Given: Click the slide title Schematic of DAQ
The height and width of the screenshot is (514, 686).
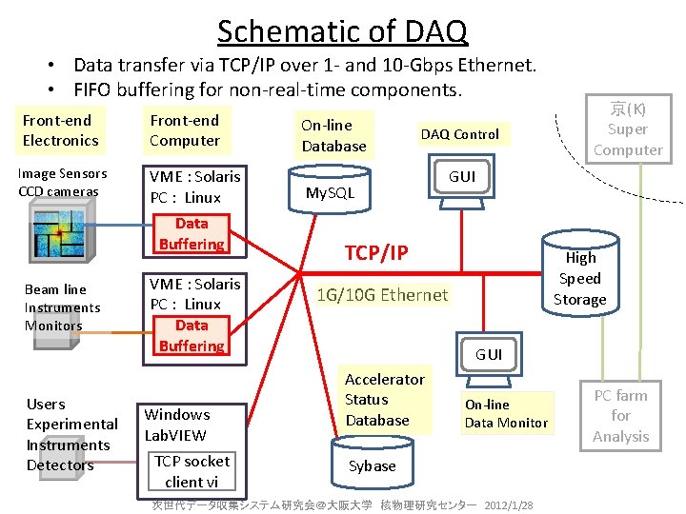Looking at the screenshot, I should (342, 30).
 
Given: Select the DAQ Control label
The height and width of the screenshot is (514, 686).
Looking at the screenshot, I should (460, 134).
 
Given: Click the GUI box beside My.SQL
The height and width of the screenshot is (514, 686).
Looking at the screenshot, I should (461, 176).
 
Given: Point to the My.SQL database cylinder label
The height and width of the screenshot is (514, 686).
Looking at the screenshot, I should (330, 193).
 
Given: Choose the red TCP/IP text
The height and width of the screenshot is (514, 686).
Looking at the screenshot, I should (375, 252).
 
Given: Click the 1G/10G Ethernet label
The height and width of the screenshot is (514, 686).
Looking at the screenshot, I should (382, 294).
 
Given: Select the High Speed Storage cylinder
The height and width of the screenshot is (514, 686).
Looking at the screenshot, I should (579, 278).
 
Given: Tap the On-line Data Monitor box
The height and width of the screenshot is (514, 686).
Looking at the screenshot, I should (506, 413).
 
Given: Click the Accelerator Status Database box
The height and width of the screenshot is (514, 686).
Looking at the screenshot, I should (384, 400).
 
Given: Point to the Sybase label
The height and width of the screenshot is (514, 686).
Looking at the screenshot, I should (372, 465).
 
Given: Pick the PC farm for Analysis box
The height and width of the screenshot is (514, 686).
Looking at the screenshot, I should (620, 416).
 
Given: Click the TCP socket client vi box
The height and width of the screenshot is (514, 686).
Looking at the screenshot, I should (192, 471).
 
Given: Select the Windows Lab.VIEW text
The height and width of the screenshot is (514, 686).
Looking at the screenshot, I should (177, 425).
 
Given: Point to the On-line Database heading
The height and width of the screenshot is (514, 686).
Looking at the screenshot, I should (333, 135).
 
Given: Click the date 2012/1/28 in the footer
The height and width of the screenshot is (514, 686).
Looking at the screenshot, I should (509, 504).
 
